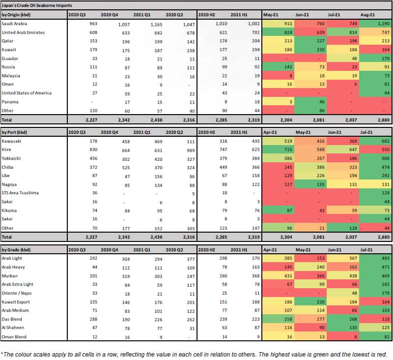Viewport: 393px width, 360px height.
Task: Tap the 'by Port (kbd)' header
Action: pos(16,132)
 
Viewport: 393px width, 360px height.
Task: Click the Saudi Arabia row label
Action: pos(16,23)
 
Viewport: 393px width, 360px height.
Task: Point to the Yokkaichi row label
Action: pos(13,158)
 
